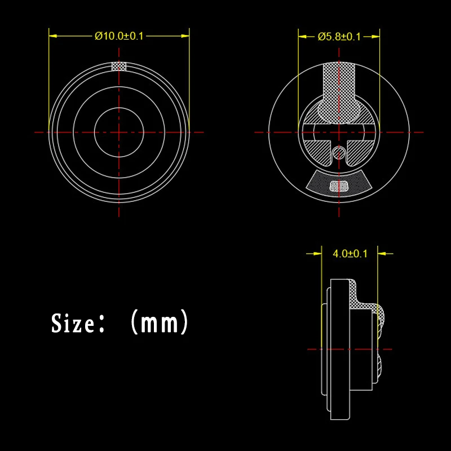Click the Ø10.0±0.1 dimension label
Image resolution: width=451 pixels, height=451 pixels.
coord(119,36)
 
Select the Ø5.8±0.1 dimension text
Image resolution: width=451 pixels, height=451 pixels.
coord(339,37)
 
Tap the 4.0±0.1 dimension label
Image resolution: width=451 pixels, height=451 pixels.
coord(350,254)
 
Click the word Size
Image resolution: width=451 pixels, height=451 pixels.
coord(73,323)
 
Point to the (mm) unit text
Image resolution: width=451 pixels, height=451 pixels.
coord(160,321)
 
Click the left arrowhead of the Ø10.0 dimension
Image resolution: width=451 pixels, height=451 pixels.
coord(53,36)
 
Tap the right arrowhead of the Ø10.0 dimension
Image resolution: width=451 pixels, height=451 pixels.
coord(185,36)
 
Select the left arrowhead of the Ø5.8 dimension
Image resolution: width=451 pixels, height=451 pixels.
coord(302,37)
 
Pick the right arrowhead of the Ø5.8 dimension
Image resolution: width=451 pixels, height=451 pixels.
coord(375,37)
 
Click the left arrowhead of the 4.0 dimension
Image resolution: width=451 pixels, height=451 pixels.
coord(317,254)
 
